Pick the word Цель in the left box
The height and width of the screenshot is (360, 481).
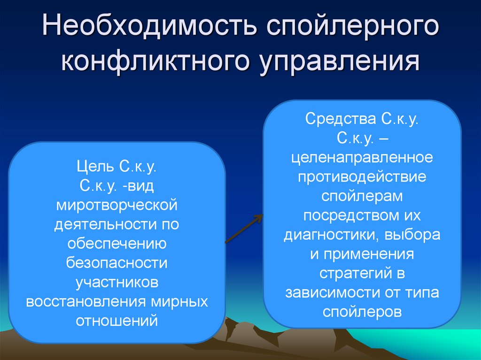[x=94, y=166]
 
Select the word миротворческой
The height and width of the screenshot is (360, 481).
[x=116, y=205]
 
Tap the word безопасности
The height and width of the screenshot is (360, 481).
[x=116, y=263]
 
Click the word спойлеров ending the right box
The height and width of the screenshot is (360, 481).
[x=362, y=311]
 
